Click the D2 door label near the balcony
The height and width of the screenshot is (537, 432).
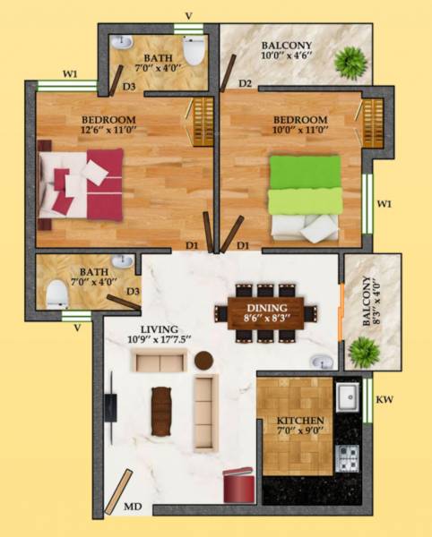click(x=245, y=85)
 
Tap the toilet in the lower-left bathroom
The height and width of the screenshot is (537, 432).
click(x=57, y=293)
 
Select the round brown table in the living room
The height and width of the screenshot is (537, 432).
click(x=203, y=360)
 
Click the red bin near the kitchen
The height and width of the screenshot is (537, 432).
click(x=239, y=484)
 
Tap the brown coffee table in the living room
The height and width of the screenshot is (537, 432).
click(x=160, y=410)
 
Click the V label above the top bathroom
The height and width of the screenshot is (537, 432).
click(x=187, y=15)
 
